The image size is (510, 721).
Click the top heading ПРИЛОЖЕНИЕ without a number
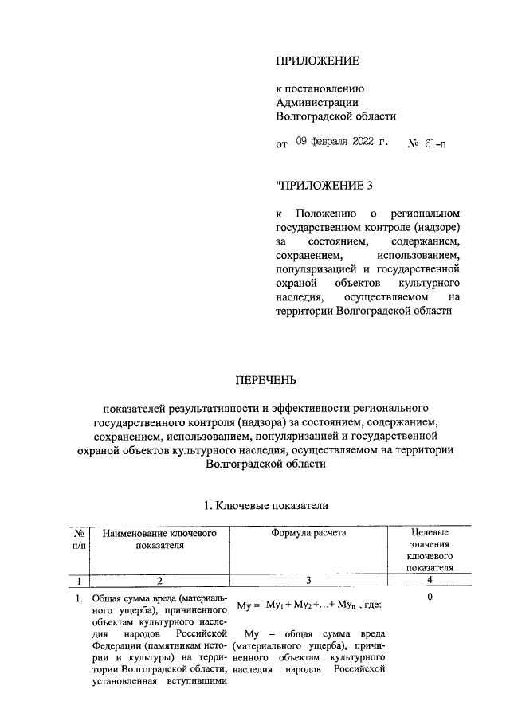pos(317,61)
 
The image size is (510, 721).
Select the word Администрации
pos(316,102)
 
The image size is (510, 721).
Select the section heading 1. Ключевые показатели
pos(266,506)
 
